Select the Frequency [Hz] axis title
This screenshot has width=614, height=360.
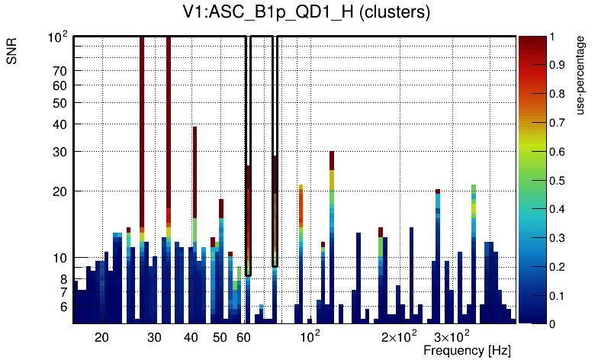467,350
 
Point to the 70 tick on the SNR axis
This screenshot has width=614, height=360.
60,71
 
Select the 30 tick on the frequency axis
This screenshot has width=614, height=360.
154,337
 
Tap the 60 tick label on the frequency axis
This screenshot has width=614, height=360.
244,337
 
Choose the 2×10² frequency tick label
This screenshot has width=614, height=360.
399,336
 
